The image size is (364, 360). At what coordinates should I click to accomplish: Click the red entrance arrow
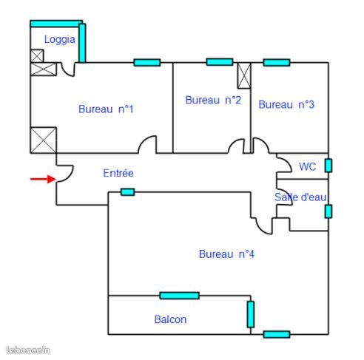[43, 179]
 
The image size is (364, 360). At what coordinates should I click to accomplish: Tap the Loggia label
[60, 40]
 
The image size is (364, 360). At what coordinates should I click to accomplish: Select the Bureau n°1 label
[106, 109]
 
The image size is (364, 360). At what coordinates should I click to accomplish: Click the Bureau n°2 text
[213, 100]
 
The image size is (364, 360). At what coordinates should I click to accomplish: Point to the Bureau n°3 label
[286, 104]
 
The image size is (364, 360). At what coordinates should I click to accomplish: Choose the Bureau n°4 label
[226, 254]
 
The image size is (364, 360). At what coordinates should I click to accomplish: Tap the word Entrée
[118, 173]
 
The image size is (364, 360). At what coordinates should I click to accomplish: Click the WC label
[308, 166]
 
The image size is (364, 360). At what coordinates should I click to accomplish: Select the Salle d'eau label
[300, 197]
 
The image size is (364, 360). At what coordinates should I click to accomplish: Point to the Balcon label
[170, 319]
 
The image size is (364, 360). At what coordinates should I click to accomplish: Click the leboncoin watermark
[28, 350]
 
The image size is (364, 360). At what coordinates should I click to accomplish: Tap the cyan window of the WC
[328, 166]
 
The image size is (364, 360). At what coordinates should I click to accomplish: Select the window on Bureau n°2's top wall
[220, 62]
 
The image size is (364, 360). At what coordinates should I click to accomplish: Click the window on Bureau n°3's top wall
[277, 63]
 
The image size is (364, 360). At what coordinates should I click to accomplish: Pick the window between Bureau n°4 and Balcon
[180, 296]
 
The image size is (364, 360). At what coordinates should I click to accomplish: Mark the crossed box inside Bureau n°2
[244, 75]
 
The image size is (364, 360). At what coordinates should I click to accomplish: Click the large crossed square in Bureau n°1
[44, 140]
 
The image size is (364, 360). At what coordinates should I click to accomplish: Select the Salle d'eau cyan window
[328, 211]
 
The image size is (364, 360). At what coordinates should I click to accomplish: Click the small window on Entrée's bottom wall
[128, 192]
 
